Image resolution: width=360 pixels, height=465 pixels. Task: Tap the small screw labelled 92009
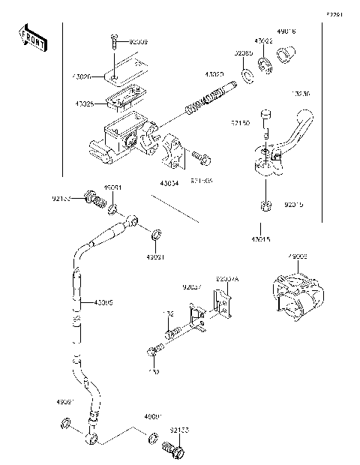[x=112, y=41]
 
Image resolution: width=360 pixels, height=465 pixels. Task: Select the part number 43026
[x=84, y=76]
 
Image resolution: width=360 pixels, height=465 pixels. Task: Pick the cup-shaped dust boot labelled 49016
[x=283, y=55]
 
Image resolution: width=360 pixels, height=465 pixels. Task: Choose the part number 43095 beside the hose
[x=103, y=303]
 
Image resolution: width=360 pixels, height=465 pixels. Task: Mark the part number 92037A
[x=227, y=277]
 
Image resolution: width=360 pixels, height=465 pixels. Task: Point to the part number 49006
[x=298, y=256]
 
